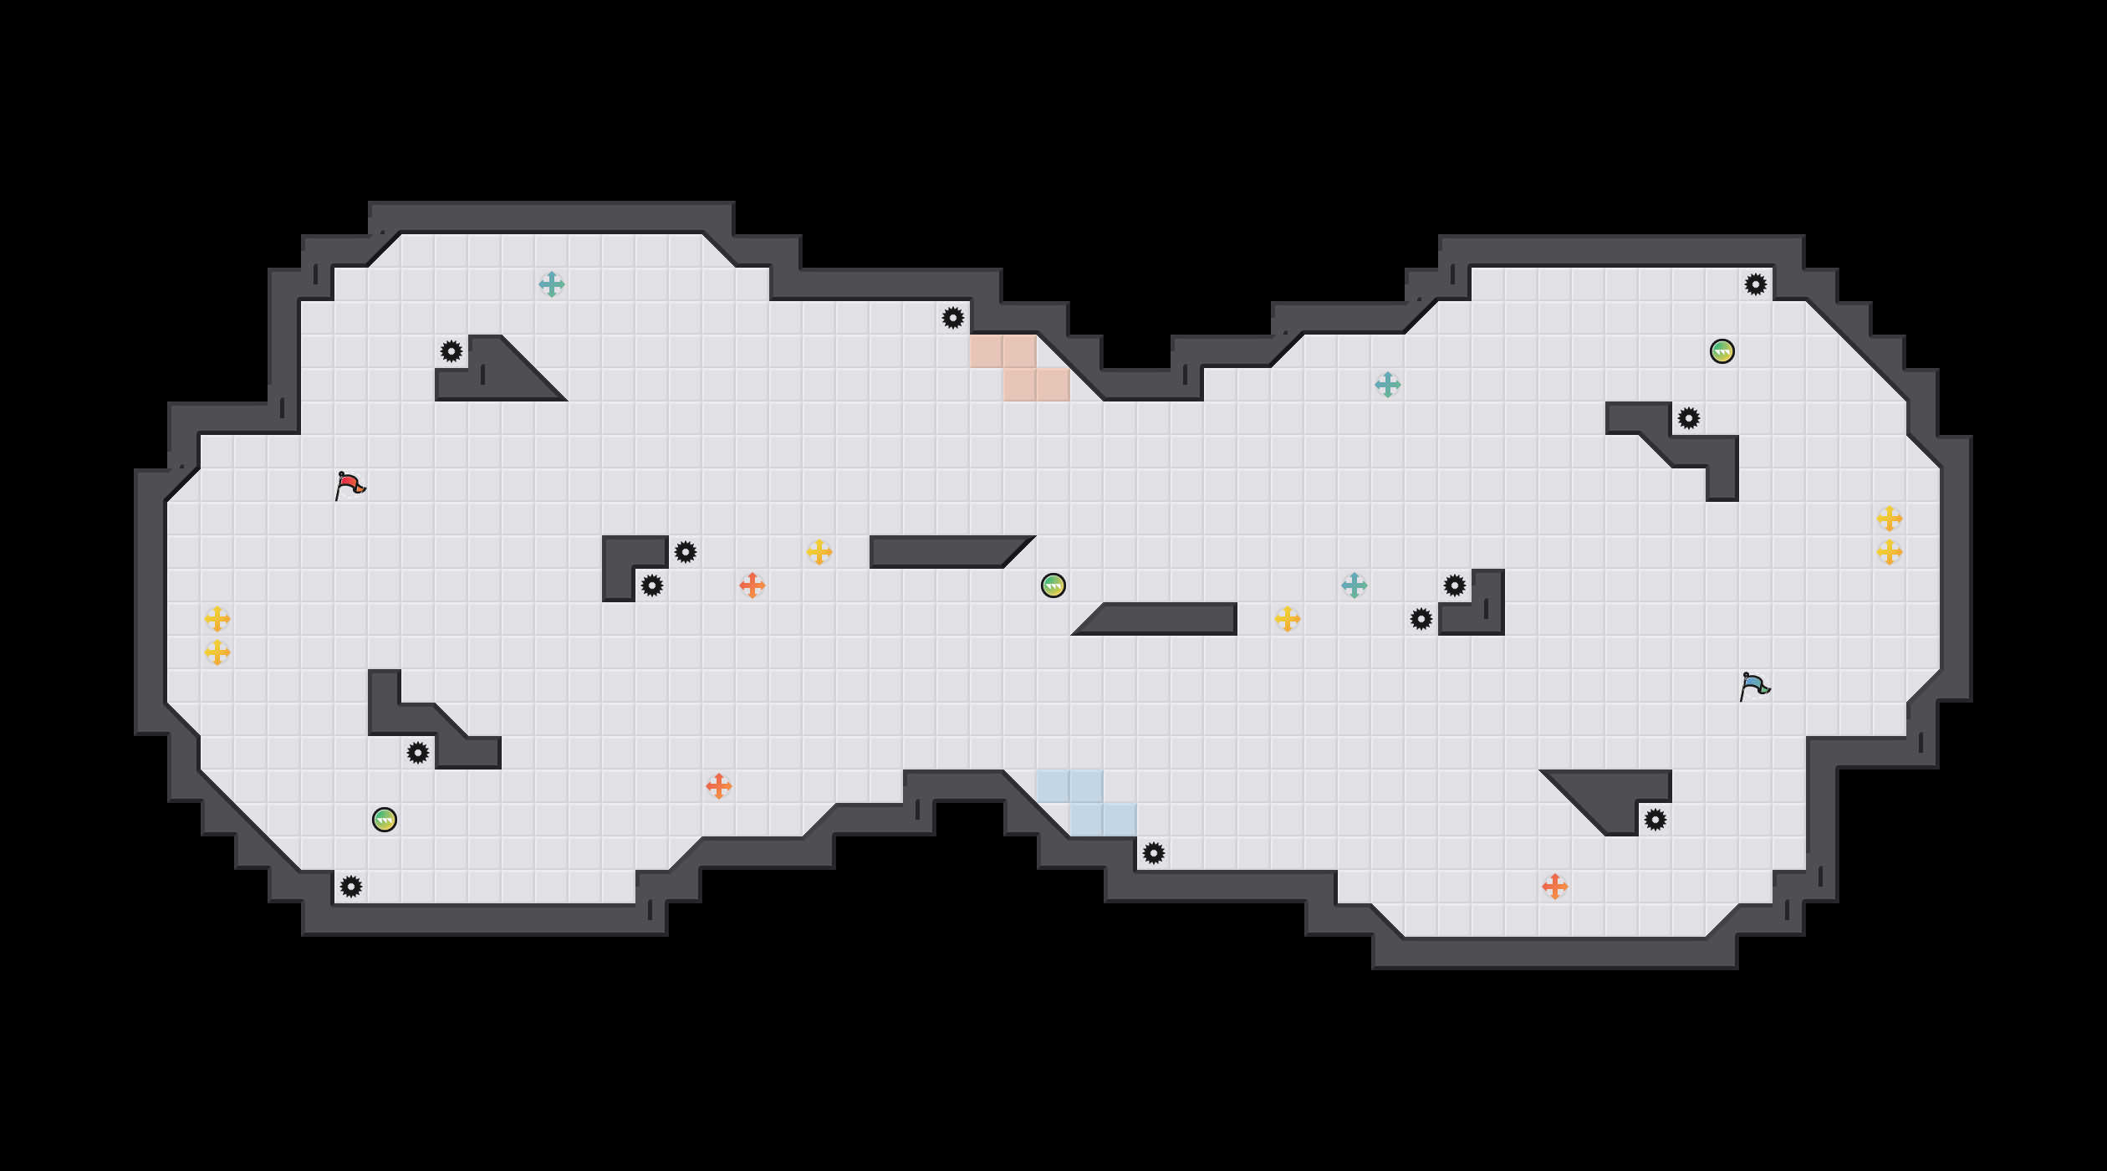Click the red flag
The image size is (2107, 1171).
coord(349,485)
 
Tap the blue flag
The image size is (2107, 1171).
coord(1754,686)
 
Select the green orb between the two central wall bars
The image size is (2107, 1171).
coord(1053,585)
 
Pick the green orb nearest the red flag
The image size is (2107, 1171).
coord(385,820)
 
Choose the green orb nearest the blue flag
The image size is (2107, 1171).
coord(1722,351)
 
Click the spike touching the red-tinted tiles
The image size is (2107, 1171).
coord(953,318)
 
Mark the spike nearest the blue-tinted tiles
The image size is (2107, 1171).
coord(1154,853)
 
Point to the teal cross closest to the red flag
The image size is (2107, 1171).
coord(552,284)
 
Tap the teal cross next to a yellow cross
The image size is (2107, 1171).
coord(1354,585)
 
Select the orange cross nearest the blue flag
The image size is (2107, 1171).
coord(1555,887)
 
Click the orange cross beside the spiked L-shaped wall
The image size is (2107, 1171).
coord(752,585)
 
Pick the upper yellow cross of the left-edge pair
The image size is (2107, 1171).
coord(217,619)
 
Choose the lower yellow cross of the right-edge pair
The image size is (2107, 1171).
coord(1890,552)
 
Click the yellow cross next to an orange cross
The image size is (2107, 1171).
coord(819,552)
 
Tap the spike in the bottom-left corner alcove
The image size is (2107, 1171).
coord(351,887)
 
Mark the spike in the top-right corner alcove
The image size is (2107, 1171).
coord(1756,284)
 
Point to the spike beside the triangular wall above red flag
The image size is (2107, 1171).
coord(451,351)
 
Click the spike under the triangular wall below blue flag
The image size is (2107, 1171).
coord(1655,820)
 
